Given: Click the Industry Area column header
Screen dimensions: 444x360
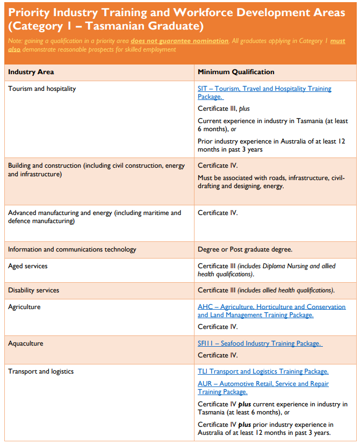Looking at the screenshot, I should [31, 72].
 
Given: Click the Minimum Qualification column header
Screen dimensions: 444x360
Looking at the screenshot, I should [236, 72].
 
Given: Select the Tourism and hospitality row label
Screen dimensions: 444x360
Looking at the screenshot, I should [42, 89].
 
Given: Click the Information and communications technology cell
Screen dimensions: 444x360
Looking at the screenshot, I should [72, 249].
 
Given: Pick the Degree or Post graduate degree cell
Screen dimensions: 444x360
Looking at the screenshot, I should [245, 249].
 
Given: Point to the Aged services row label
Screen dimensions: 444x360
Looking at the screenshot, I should [28, 266].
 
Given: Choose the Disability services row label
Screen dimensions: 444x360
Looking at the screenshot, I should [33, 290].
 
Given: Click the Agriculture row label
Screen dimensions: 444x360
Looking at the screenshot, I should [24, 307].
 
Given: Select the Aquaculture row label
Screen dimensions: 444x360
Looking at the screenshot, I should [26, 343].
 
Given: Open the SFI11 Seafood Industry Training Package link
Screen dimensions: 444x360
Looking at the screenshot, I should [260, 343].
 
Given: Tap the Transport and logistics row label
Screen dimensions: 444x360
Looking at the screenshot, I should [41, 371].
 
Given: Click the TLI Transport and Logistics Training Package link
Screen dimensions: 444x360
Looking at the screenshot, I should [263, 371].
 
